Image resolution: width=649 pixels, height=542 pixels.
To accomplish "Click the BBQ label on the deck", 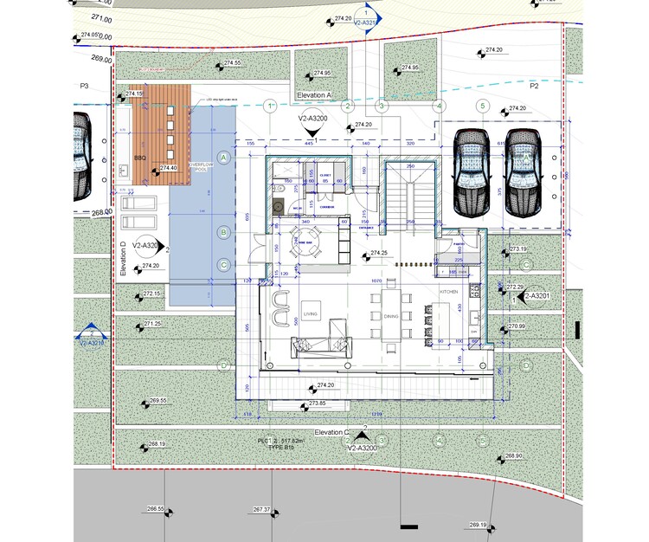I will (140, 158).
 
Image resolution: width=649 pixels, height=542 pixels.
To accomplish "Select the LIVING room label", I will (311, 313).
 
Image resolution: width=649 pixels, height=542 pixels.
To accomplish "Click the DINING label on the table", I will (390, 317).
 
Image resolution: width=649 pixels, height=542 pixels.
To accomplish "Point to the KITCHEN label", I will (448, 293).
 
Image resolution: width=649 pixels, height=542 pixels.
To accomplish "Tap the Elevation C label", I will (331, 431).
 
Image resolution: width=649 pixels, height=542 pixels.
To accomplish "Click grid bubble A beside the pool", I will (223, 158).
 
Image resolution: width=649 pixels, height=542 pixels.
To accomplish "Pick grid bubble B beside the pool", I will (223, 232).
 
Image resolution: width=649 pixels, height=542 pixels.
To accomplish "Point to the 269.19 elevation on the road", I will (479, 525).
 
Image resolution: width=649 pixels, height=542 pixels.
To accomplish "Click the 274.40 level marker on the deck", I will (167, 167).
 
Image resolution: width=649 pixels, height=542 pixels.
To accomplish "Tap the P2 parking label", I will (534, 87).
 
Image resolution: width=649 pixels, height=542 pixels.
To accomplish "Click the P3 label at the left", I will (85, 87).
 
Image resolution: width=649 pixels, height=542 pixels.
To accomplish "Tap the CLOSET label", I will (326, 175).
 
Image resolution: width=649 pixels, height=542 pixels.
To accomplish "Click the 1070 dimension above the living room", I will (376, 282).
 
